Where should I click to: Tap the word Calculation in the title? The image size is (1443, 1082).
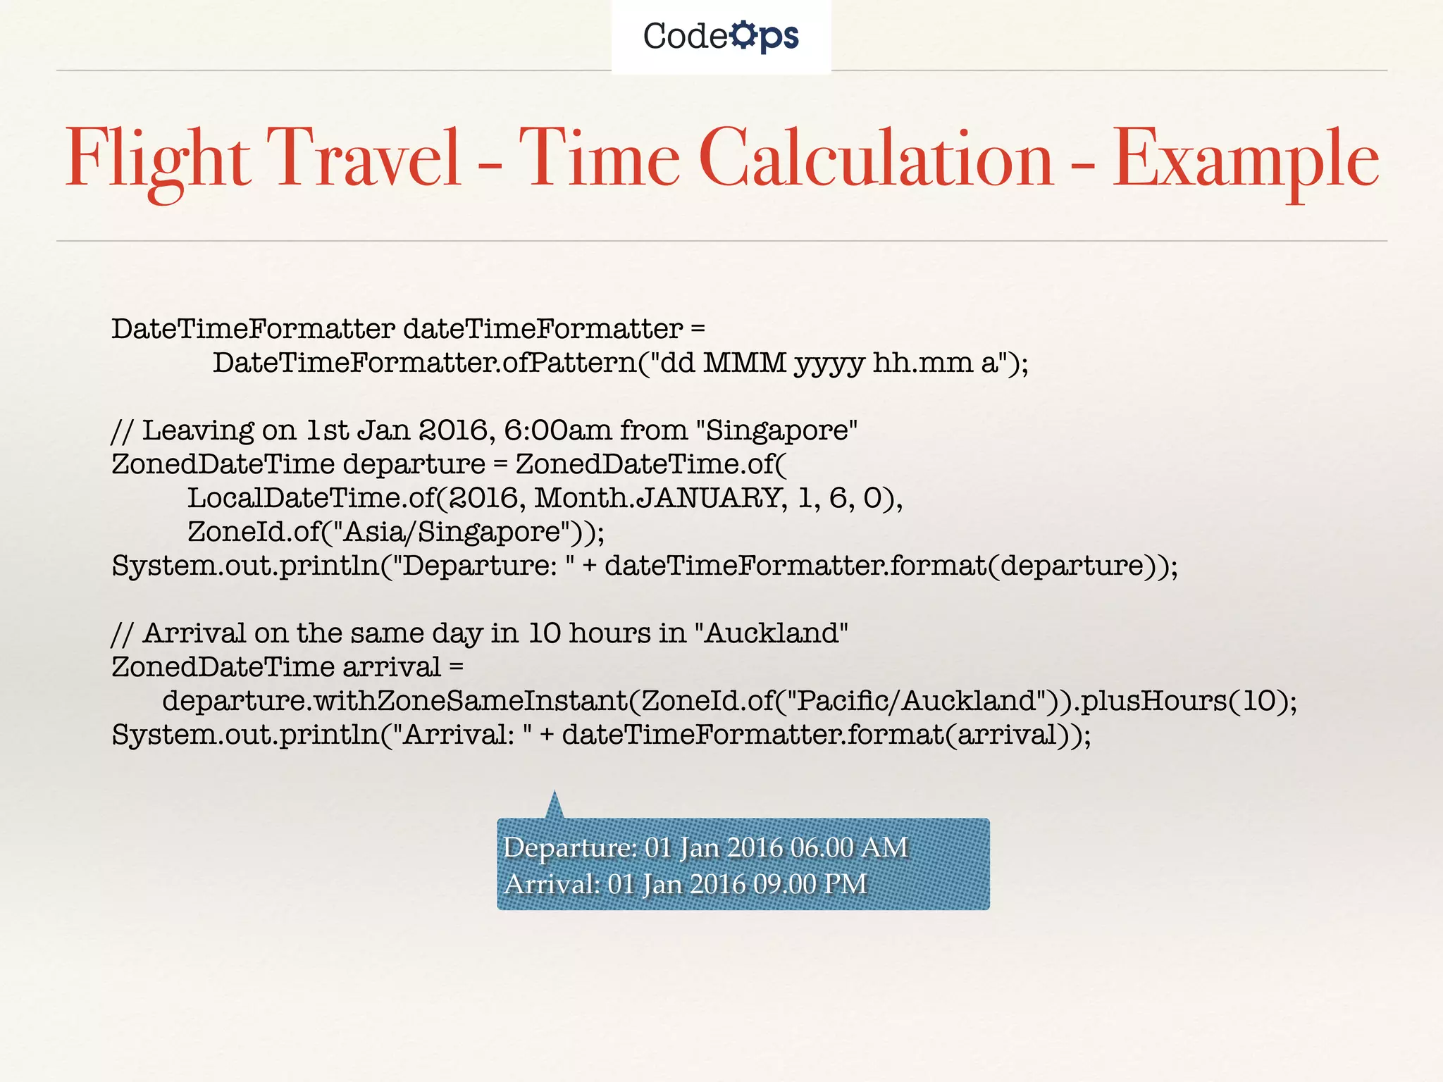(877, 158)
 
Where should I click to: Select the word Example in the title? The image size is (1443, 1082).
(1246, 158)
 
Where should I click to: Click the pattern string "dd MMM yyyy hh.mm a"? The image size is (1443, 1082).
(827, 363)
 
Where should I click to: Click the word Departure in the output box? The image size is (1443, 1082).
(569, 847)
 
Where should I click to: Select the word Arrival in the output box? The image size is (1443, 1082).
(550, 884)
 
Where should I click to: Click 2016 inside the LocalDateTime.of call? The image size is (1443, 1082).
(484, 498)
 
